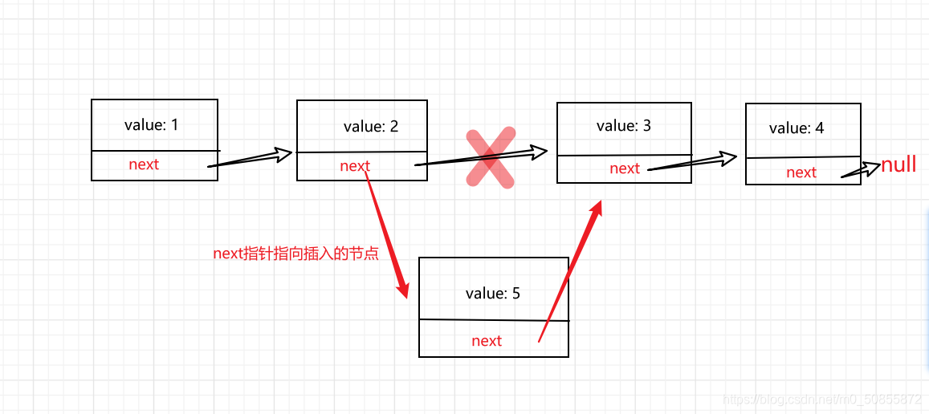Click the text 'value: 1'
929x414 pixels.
click(152, 124)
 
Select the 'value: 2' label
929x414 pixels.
click(371, 126)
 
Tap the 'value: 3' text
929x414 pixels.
click(624, 125)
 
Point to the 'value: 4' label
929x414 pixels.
click(797, 128)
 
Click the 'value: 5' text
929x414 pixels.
click(493, 293)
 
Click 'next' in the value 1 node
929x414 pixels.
click(144, 164)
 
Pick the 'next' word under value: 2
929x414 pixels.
click(355, 166)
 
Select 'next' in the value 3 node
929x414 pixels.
click(625, 168)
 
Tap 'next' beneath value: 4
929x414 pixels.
click(801, 172)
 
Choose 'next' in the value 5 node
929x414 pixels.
click(487, 341)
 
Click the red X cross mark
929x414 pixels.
click(491, 159)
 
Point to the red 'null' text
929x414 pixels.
click(898, 165)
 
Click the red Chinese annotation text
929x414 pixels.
click(295, 254)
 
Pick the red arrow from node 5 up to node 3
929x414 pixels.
click(569, 272)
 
